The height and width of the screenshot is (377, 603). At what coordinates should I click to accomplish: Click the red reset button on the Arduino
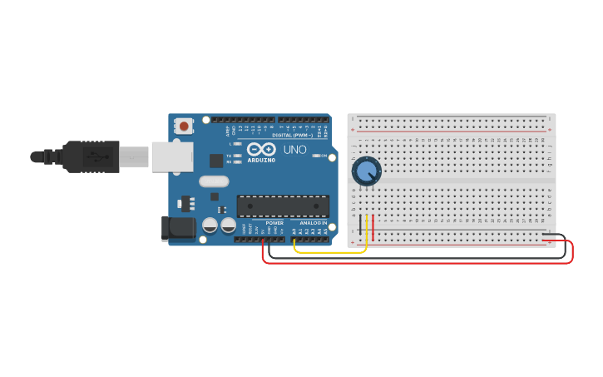coord(183,126)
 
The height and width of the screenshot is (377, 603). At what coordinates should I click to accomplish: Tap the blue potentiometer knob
coord(366,171)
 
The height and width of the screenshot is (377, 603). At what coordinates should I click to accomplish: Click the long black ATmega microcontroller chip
coord(283,206)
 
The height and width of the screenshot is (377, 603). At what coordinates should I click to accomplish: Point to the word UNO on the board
coord(295,151)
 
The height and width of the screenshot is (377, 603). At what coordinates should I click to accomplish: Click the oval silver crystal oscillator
coord(214,181)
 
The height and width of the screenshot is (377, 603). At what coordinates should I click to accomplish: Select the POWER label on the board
coord(274,223)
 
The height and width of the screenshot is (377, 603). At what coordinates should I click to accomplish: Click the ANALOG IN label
coord(313,223)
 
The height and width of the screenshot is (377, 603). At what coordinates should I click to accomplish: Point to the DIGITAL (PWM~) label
coord(292,135)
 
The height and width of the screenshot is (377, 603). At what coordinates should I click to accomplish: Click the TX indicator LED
coord(238,156)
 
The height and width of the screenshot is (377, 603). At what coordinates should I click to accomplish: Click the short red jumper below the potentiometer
coord(373,228)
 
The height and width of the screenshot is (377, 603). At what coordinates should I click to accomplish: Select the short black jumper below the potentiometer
coord(359,228)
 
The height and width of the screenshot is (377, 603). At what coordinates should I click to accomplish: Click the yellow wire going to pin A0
coord(333,251)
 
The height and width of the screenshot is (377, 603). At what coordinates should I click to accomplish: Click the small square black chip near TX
coord(216,161)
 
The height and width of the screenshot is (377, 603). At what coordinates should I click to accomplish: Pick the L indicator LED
coord(238,144)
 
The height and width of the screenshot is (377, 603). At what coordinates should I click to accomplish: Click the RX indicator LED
coord(238,162)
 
